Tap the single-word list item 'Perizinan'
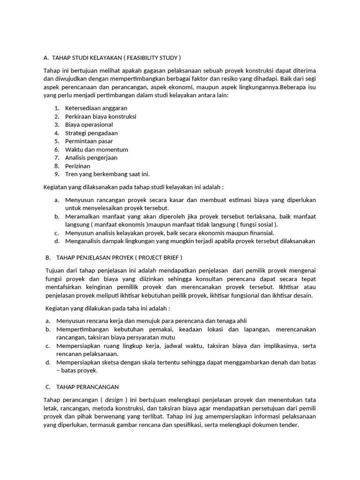point(78,166)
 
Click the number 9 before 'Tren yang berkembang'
point(56,174)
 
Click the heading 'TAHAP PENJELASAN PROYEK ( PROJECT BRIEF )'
point(119,258)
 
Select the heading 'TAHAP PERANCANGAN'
point(88,387)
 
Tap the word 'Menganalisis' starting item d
point(84,241)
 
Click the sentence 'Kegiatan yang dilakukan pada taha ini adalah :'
point(107,308)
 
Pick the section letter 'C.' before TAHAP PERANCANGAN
point(48,387)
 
